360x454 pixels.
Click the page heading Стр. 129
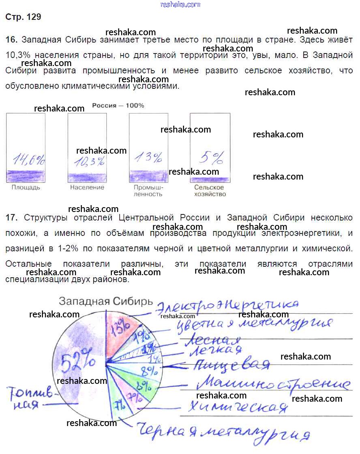click(x=24, y=17)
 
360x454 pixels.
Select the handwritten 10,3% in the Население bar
click(x=89, y=161)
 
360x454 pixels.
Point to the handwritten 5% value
click(x=212, y=157)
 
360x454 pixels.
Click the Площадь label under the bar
click(x=26, y=188)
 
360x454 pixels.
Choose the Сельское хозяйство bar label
click(x=210, y=191)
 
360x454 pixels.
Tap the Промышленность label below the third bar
click(x=148, y=191)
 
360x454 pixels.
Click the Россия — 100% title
click(x=118, y=105)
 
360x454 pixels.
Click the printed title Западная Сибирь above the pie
click(x=106, y=301)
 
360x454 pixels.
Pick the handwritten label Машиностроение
click(x=276, y=383)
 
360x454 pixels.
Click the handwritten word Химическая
click(x=235, y=407)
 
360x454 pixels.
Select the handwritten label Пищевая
click(x=231, y=364)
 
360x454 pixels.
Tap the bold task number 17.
click(x=12, y=218)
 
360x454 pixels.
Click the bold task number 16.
click(x=12, y=40)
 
